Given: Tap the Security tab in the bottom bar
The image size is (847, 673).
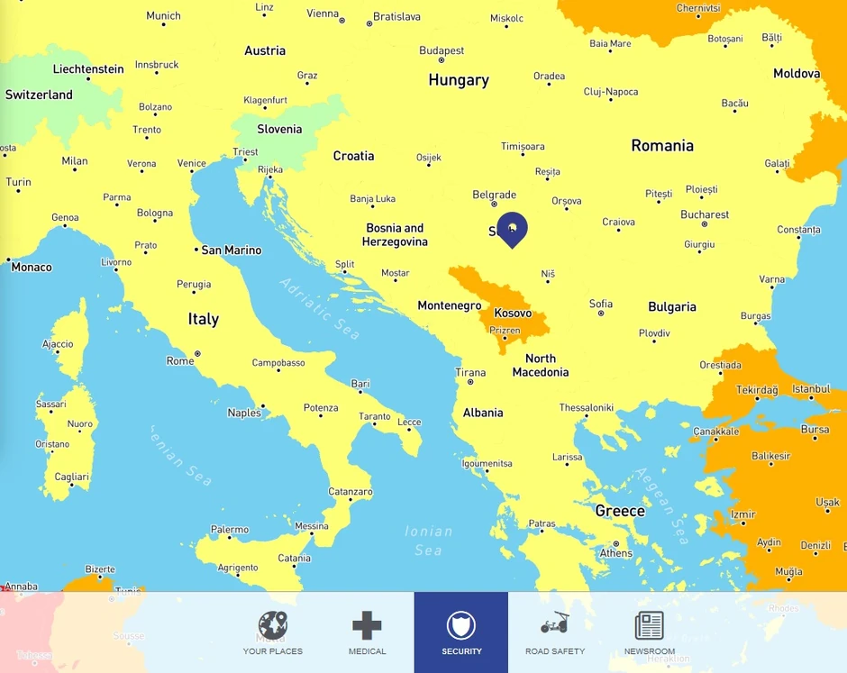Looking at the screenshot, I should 460,632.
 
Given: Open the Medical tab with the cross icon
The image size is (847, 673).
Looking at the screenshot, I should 367,632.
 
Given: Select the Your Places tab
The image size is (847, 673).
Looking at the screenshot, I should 273,632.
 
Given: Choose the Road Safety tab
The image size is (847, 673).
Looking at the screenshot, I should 555,632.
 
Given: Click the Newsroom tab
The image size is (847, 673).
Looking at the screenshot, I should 649,632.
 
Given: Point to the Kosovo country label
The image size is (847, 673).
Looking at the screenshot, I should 513,314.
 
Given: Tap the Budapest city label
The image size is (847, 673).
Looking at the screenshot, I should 442,51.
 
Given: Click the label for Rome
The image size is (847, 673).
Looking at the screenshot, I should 180,361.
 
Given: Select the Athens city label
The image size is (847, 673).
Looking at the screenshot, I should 616,553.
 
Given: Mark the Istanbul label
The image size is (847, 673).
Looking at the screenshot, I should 811,389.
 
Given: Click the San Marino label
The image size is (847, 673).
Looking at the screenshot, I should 231,250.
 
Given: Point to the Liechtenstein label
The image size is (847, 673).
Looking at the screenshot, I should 88,69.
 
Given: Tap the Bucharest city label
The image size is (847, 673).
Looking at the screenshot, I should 705,215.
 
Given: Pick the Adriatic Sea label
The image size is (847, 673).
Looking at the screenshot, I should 319,309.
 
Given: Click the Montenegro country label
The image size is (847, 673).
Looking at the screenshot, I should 450,306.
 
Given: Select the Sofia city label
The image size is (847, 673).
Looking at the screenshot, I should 601,305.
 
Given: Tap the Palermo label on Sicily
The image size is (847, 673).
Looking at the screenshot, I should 229,530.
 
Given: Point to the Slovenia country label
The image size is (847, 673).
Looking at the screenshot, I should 279,129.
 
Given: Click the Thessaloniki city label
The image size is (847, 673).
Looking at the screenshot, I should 586,408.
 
